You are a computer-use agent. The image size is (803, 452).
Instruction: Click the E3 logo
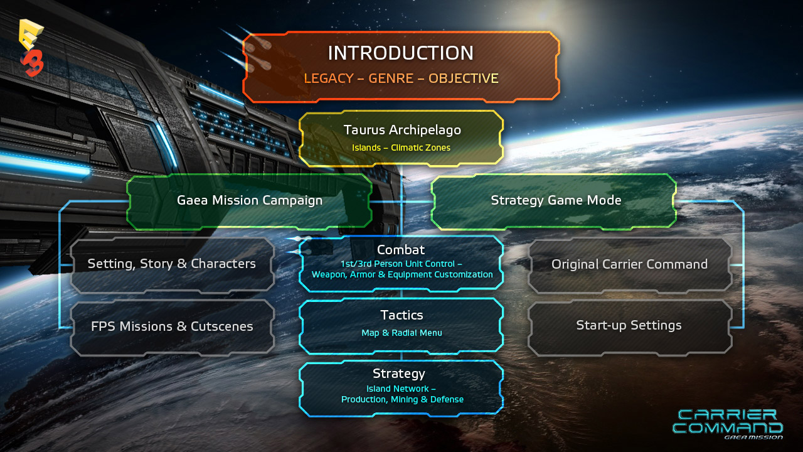tap(31, 48)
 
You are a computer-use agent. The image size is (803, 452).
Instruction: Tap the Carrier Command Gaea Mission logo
tap(728, 424)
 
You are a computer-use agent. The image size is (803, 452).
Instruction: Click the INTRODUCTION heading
tap(401, 53)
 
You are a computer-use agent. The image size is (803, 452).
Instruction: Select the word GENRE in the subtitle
tap(391, 78)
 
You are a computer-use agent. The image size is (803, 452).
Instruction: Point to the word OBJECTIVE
tap(464, 78)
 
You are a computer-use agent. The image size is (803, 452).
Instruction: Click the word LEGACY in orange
tap(329, 78)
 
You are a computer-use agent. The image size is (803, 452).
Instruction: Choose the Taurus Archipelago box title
tap(402, 130)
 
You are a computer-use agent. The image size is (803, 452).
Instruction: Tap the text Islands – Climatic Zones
tap(401, 148)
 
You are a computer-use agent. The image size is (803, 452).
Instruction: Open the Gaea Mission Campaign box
tap(250, 202)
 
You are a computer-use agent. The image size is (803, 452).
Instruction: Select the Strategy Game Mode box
tap(554, 202)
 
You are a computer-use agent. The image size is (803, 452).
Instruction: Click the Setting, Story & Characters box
tap(172, 265)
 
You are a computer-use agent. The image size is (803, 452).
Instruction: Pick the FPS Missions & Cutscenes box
tap(172, 327)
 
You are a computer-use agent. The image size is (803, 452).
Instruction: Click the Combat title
tap(401, 250)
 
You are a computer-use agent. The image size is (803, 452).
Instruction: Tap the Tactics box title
tap(401, 315)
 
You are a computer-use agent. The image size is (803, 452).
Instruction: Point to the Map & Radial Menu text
tap(401, 333)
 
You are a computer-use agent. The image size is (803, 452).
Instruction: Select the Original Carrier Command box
tap(630, 265)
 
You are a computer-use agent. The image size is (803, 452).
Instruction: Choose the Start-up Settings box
tap(630, 327)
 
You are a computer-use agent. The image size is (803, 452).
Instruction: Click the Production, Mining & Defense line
tap(402, 399)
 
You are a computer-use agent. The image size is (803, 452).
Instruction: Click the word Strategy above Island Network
tap(399, 374)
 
